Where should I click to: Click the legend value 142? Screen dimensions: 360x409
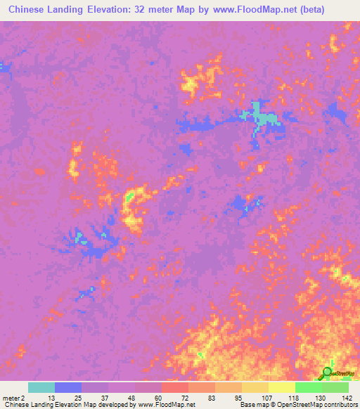click(x=348, y=397)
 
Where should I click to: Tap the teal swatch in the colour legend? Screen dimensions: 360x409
click(x=41, y=387)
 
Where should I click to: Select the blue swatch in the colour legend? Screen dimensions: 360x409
click(x=68, y=387)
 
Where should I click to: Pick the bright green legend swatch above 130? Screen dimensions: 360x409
click(x=309, y=387)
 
